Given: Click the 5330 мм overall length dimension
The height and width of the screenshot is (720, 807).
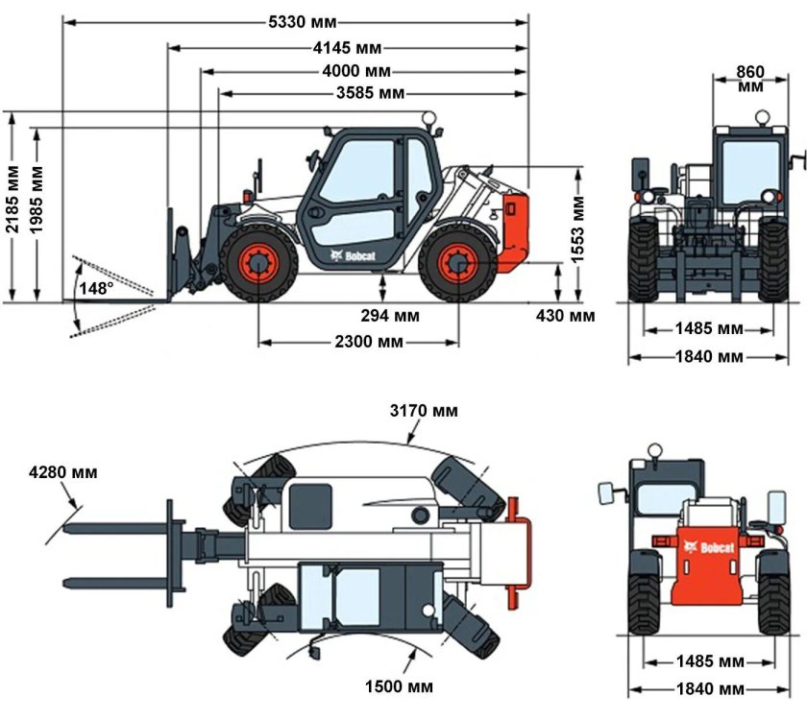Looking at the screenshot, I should point(297,22).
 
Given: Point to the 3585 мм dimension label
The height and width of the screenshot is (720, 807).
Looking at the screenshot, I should point(370,93).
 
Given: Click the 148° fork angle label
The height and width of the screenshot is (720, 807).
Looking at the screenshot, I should point(96,288).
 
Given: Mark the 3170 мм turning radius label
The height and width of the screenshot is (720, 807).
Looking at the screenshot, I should point(424,411).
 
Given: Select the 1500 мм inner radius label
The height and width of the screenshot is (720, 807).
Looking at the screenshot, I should point(399,686).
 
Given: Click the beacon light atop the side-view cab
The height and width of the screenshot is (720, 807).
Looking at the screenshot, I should point(427,119).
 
